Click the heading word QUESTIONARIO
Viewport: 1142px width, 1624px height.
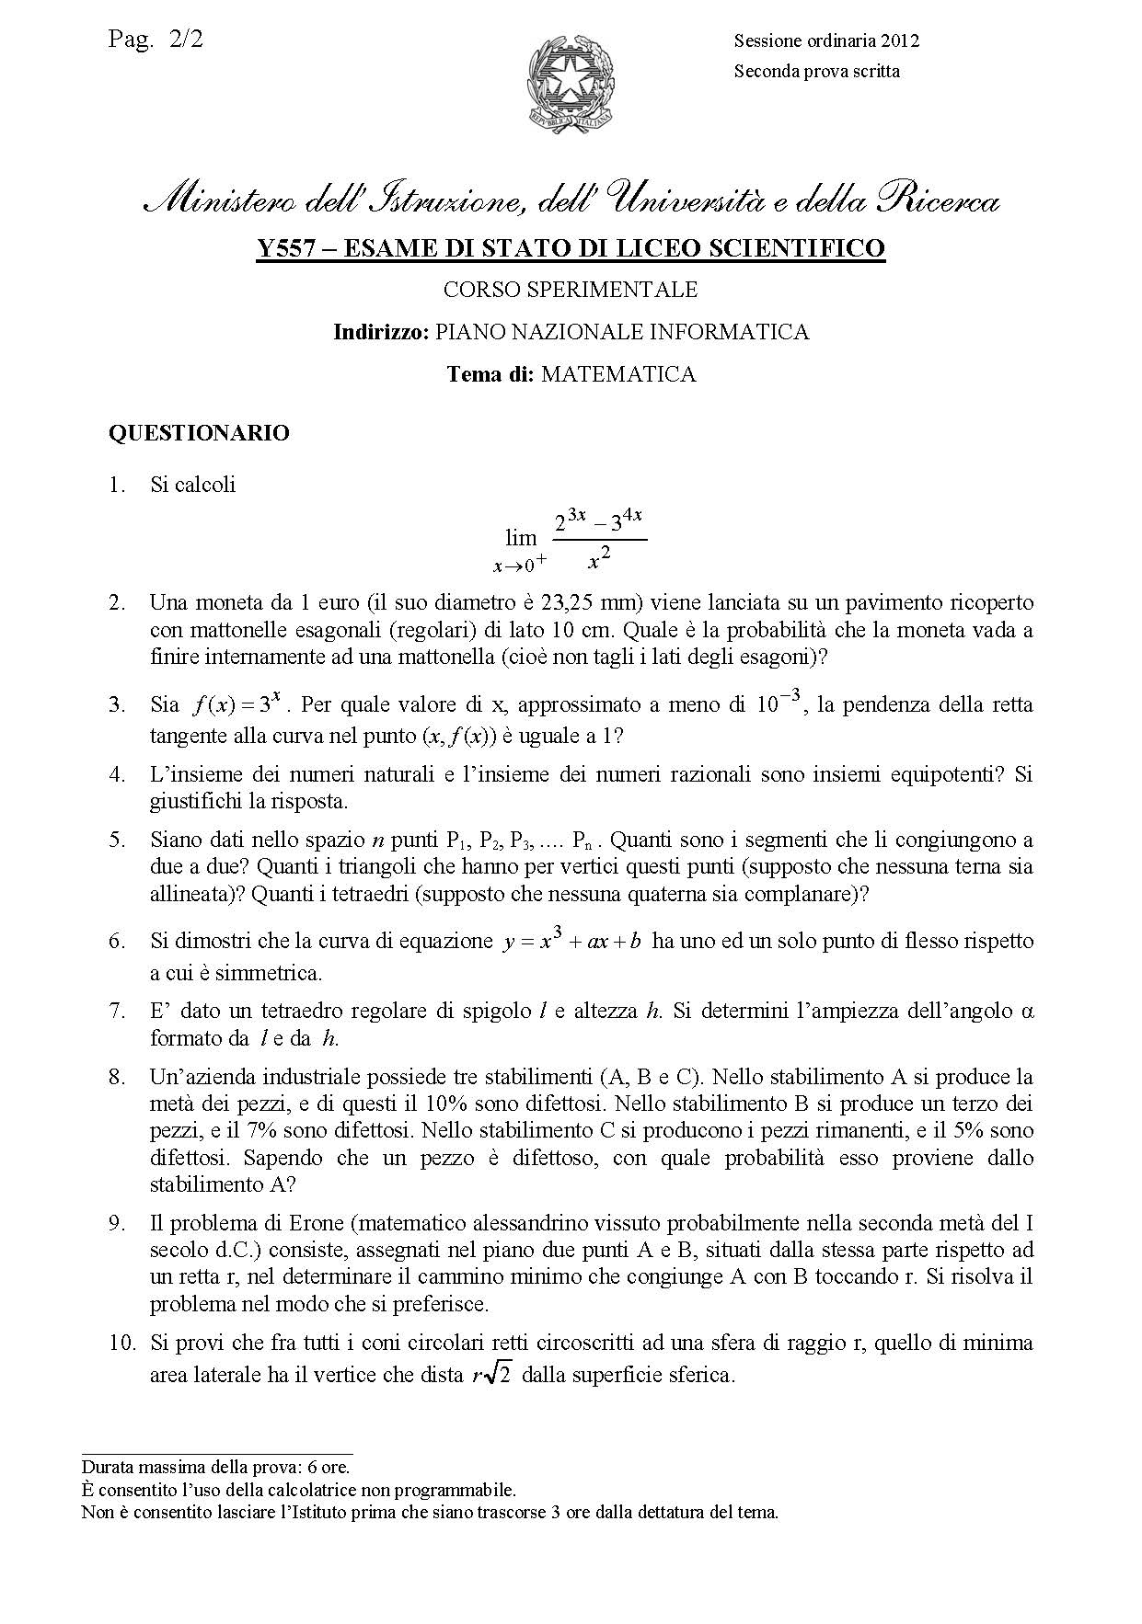click(x=199, y=432)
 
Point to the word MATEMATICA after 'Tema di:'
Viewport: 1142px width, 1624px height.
click(x=618, y=374)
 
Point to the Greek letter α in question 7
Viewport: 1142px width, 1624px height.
click(x=1028, y=1012)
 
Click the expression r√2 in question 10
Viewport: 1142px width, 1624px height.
click(x=490, y=1377)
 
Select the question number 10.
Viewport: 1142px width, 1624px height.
click(x=121, y=1344)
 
